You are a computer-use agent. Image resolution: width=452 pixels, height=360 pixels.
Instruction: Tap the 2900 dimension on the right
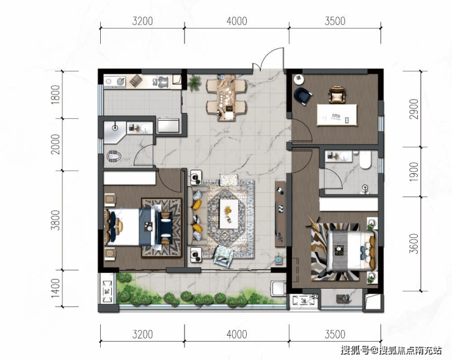click(414, 109)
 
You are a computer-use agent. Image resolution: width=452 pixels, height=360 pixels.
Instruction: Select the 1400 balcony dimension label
click(56, 288)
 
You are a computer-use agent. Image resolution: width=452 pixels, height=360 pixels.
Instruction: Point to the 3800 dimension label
click(56, 220)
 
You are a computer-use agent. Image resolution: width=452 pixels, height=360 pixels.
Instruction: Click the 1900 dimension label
click(414, 171)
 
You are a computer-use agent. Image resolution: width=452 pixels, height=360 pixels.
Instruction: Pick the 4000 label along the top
click(236, 21)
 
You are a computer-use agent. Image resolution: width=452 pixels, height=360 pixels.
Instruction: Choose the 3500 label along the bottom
click(335, 334)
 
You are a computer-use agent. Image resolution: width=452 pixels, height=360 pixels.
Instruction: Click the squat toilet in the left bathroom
click(114, 156)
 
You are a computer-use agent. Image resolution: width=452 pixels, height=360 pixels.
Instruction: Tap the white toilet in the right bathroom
click(365, 160)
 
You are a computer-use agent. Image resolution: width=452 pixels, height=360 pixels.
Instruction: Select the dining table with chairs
click(227, 98)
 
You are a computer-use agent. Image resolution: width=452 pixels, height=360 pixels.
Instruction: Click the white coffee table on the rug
click(229, 214)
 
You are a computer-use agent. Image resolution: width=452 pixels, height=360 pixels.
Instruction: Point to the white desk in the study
click(337, 115)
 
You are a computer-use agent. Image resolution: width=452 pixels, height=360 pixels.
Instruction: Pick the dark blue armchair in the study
click(303, 95)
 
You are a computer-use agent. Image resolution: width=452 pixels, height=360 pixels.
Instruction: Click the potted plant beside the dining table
click(195, 83)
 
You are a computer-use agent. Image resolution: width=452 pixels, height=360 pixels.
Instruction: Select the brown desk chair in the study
click(337, 95)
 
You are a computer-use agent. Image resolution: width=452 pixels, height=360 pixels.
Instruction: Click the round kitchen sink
click(121, 82)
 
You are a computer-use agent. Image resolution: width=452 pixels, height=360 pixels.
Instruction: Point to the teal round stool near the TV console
click(278, 260)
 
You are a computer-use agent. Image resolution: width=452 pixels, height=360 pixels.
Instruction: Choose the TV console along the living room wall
click(280, 214)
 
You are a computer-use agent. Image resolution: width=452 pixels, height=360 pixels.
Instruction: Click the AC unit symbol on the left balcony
click(107, 292)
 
